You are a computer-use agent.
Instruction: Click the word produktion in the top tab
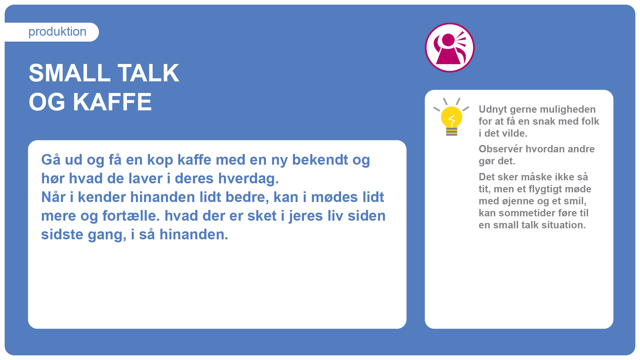pyautogui.click(x=57, y=32)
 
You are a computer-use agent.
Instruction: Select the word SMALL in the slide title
pyautogui.click(x=69, y=73)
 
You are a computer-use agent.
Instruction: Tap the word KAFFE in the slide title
pyautogui.click(x=112, y=102)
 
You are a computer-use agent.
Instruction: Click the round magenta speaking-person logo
pyautogui.click(x=450, y=47)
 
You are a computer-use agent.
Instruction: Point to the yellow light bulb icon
pyautogui.click(x=451, y=117)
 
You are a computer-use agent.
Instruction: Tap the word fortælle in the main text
pyautogui.click(x=129, y=216)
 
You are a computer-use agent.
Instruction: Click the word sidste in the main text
pyautogui.click(x=62, y=235)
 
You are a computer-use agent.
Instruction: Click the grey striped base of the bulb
pyautogui.click(x=452, y=132)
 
